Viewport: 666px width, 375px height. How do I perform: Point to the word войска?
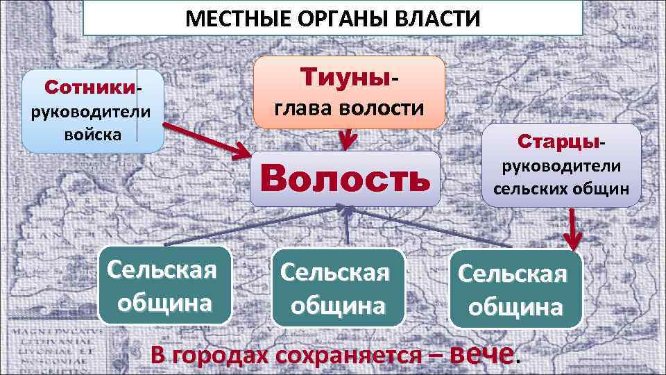pos(92,133)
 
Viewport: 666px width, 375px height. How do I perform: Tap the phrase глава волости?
pos(349,109)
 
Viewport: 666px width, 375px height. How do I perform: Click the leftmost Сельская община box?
pos(166,285)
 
